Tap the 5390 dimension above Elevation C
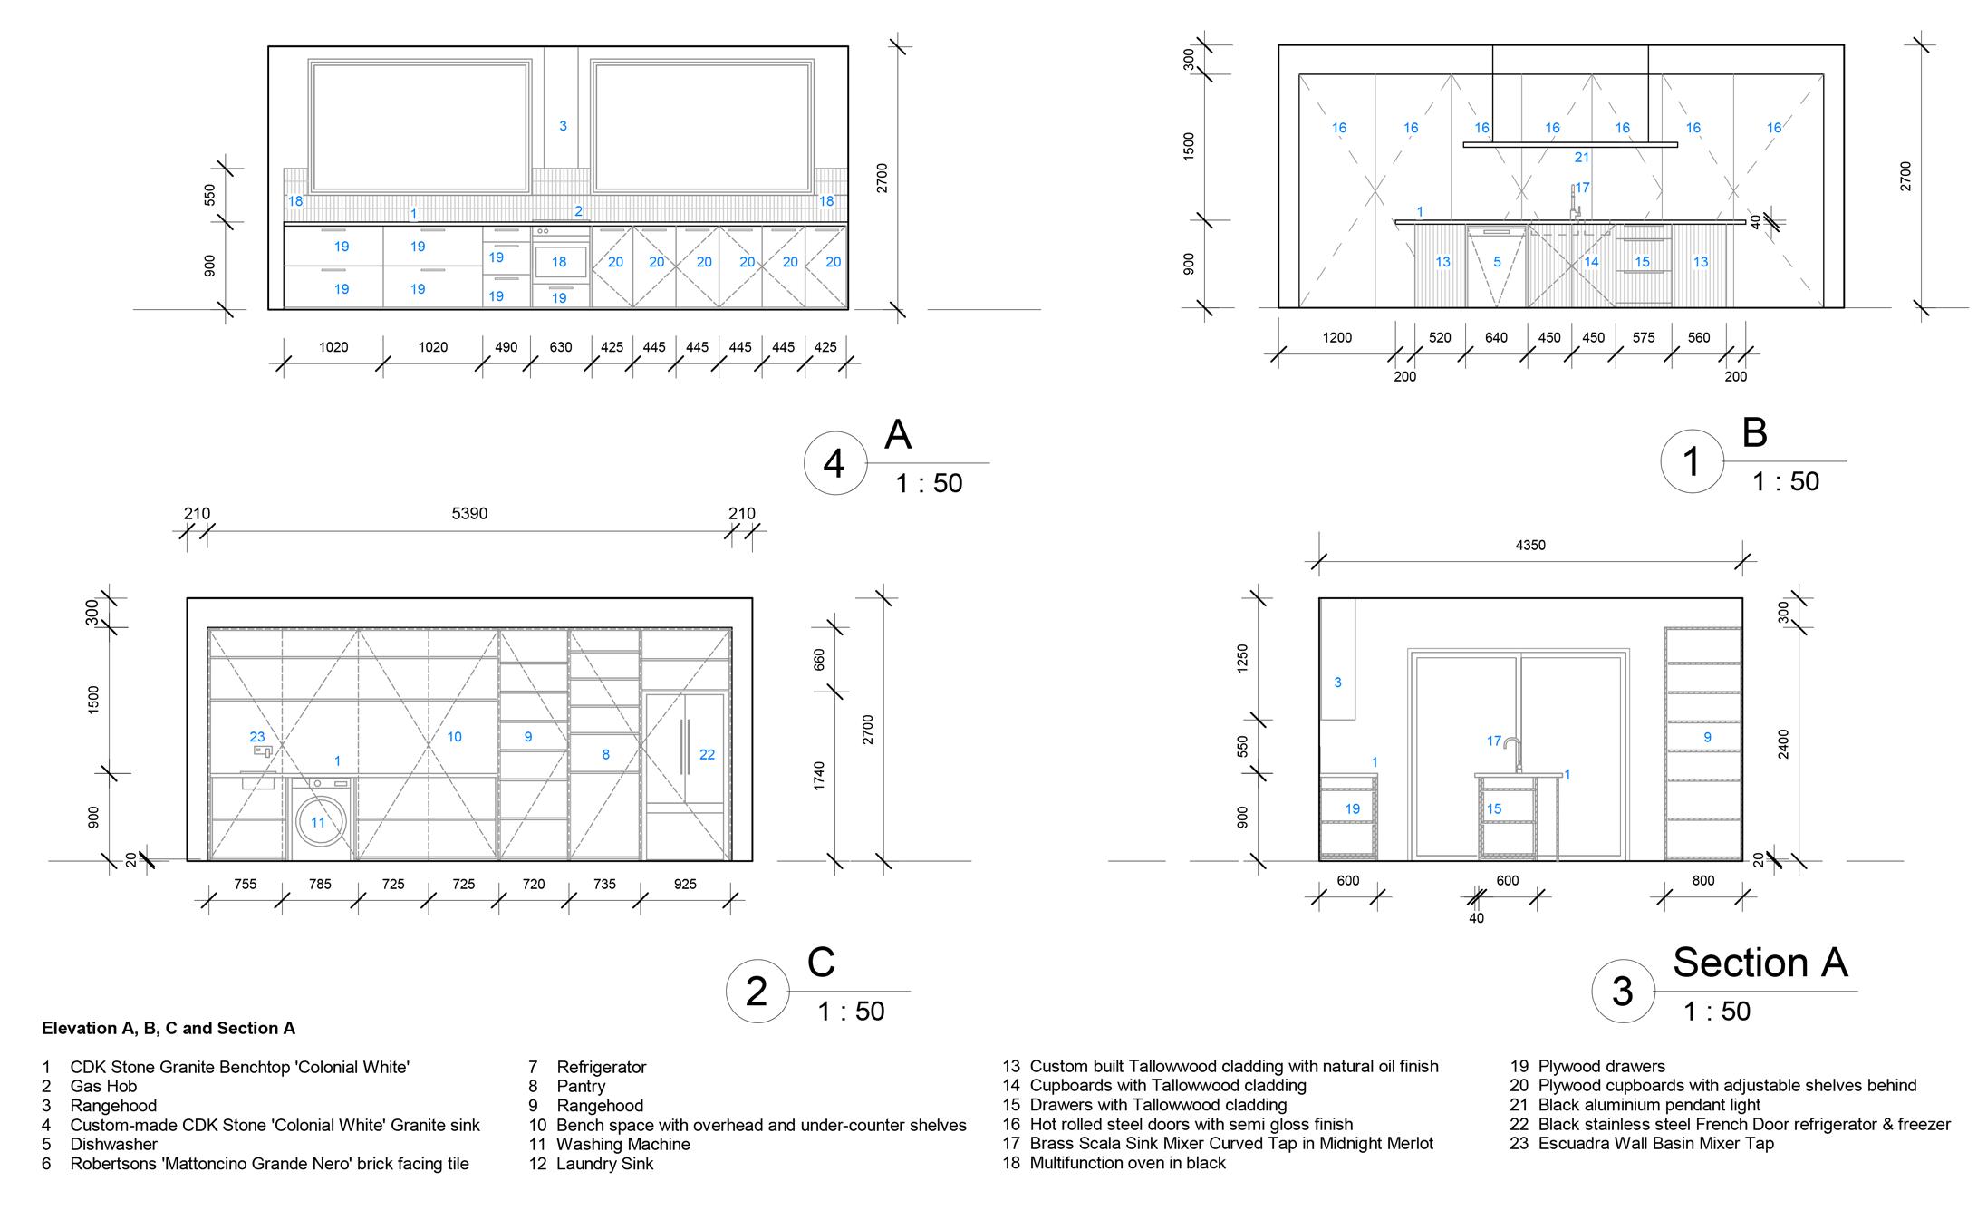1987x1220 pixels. (x=469, y=514)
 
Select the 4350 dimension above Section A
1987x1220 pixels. (x=1530, y=546)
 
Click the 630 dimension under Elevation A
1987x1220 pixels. (x=561, y=347)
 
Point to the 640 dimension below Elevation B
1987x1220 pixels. (x=1496, y=338)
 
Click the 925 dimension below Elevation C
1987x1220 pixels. (x=685, y=885)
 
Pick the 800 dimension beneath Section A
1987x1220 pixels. (x=1703, y=881)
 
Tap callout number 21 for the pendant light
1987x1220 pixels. (x=1582, y=158)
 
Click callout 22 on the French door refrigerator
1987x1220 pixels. (x=707, y=754)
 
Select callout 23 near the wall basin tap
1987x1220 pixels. (x=257, y=737)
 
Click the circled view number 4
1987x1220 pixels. (x=834, y=464)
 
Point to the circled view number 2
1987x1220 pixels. (x=757, y=992)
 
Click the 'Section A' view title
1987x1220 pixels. (x=1760, y=963)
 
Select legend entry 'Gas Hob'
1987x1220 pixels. (x=103, y=1087)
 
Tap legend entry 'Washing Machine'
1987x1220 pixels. (x=622, y=1145)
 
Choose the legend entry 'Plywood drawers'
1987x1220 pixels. (x=1601, y=1067)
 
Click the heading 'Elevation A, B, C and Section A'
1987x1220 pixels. (x=169, y=1029)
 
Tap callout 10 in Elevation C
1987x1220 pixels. (x=454, y=737)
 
